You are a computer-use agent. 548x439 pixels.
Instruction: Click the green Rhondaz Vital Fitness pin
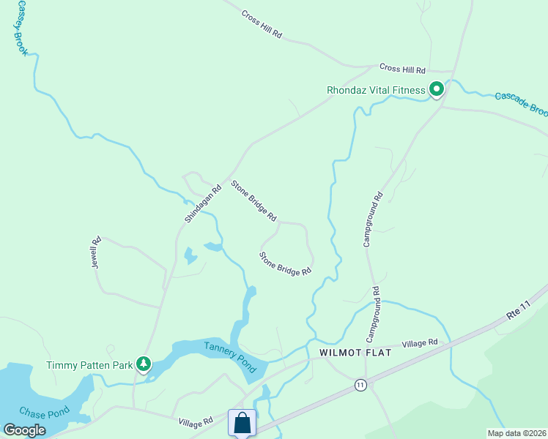(437, 90)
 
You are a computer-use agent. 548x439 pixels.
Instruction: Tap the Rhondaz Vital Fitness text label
(376, 91)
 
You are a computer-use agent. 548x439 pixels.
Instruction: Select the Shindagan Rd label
(203, 204)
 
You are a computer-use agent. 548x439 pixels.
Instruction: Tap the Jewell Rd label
(95, 252)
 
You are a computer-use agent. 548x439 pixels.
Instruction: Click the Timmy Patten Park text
(89, 365)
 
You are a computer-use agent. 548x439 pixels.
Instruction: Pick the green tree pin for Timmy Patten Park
(144, 364)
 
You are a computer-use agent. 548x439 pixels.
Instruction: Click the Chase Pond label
(43, 412)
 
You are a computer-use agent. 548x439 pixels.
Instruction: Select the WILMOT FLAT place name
(355, 353)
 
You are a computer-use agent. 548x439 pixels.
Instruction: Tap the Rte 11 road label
(516, 309)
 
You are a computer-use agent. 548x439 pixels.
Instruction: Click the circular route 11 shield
(360, 385)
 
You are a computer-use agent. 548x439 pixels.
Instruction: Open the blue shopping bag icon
(242, 423)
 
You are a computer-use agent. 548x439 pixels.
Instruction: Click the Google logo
(24, 430)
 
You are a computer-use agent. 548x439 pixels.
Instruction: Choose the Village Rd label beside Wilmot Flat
(419, 342)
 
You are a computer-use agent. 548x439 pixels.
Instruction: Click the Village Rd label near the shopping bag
(196, 422)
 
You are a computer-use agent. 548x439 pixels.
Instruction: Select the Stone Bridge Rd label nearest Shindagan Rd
(254, 201)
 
